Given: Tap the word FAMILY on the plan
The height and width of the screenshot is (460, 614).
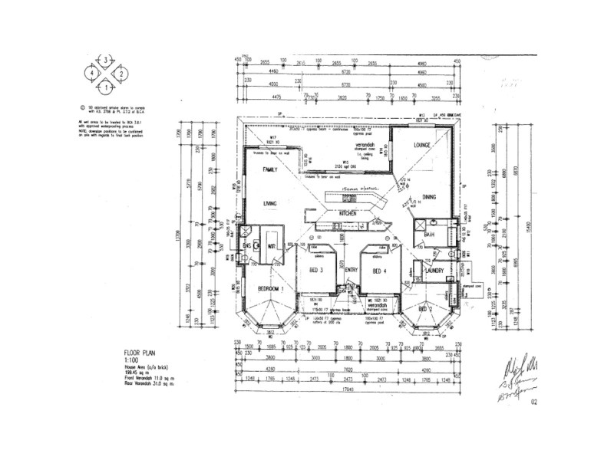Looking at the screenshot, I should (270, 169).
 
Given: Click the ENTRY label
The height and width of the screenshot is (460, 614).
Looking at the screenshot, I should (352, 271).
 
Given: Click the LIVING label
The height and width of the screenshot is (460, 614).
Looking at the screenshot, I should (270, 203).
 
